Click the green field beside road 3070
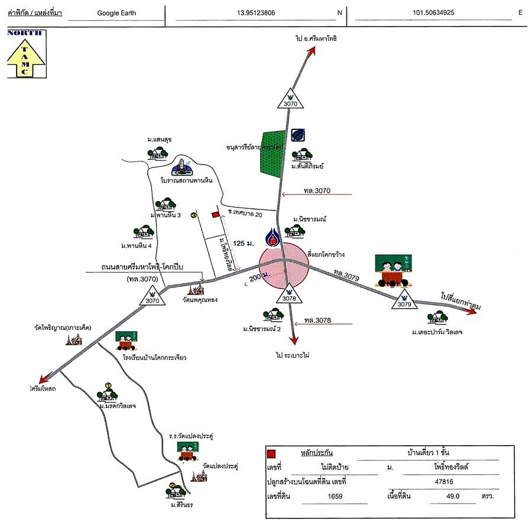[x=270, y=152]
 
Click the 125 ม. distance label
[x=243, y=243]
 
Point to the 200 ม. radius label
[x=258, y=277]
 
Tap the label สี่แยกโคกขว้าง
[x=326, y=254]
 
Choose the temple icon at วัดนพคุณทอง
[x=196, y=290]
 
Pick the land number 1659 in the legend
[x=335, y=497]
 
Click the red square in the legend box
[x=272, y=455]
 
